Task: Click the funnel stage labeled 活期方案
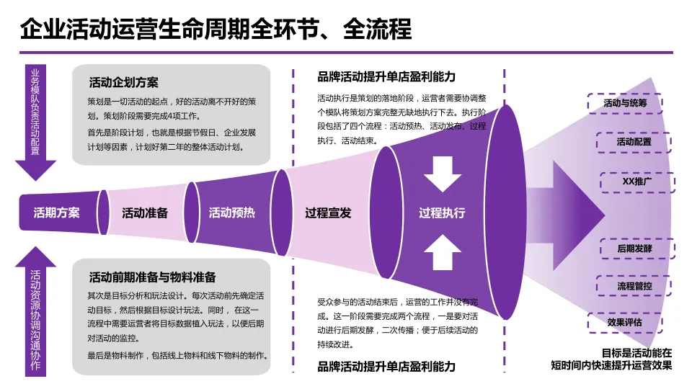pyautogui.click(x=57, y=213)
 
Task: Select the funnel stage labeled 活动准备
pyautogui.click(x=145, y=213)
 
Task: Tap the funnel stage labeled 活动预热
pyautogui.click(x=231, y=213)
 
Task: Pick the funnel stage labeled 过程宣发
pyautogui.click(x=328, y=213)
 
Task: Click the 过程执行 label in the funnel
pyautogui.click(x=442, y=213)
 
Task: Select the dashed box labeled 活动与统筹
pyautogui.click(x=625, y=104)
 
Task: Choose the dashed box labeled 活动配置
pyautogui.click(x=634, y=142)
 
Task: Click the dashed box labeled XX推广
pyautogui.click(x=637, y=182)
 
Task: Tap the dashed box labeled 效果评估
pyautogui.click(x=624, y=322)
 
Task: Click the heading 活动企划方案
pyautogui.click(x=123, y=81)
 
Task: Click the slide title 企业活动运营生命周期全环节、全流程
pyautogui.click(x=216, y=29)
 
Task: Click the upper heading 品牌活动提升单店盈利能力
pyautogui.click(x=386, y=76)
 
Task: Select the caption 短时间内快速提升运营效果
pyautogui.click(x=611, y=365)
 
